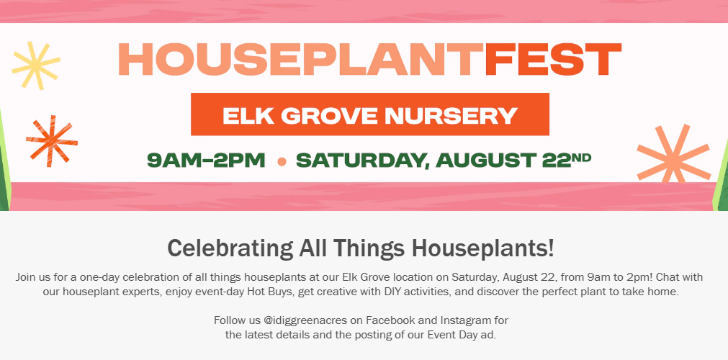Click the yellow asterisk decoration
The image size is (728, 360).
[36, 65]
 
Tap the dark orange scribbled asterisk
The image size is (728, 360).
[52, 141]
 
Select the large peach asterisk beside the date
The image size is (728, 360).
[673, 154]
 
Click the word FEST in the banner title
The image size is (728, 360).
[553, 59]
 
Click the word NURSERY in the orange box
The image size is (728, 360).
[451, 116]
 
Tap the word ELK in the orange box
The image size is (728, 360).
[247, 116]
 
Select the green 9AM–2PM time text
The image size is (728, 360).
[206, 161]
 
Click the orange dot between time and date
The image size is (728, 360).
[282, 162]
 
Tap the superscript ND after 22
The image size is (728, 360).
[582, 157]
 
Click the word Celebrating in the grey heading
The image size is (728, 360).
[230, 248]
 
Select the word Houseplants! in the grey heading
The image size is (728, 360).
[483, 248]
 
